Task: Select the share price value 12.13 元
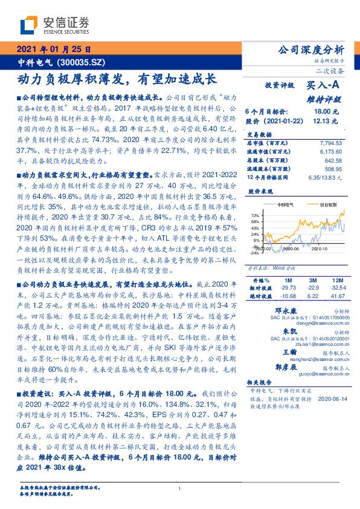(327, 120)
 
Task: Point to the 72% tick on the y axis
(255, 215)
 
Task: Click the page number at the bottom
(180, 489)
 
